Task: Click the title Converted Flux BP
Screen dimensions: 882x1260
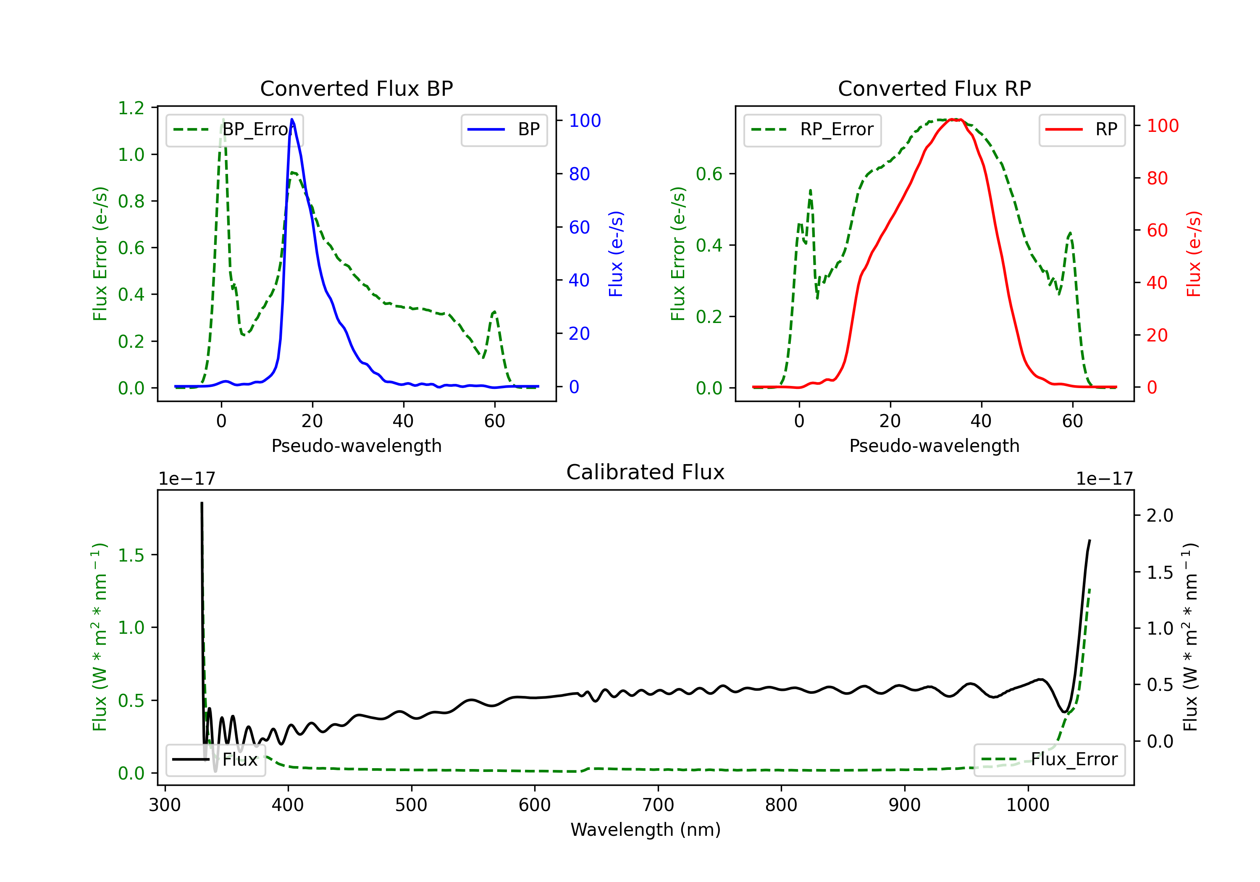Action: click(x=356, y=88)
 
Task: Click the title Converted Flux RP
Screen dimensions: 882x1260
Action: click(x=934, y=88)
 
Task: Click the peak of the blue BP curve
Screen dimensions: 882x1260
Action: click(x=292, y=119)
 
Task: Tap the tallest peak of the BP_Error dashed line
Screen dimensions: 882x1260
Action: click(x=223, y=119)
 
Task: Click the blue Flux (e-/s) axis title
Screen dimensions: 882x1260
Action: click(x=616, y=254)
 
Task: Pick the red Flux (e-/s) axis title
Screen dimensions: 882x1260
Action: click(x=1194, y=254)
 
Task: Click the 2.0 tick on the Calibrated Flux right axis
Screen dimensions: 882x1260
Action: click(x=1160, y=515)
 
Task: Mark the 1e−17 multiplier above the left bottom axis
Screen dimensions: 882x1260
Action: click(x=186, y=479)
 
